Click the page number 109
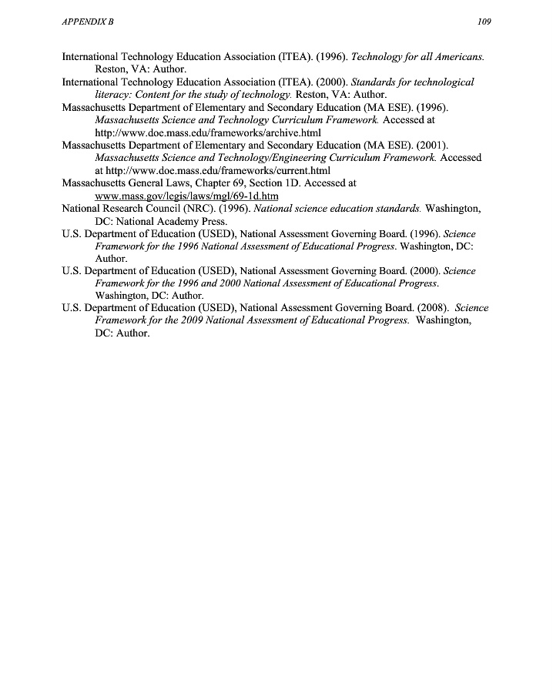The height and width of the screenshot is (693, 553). [484, 22]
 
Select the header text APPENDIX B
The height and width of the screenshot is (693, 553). [87, 22]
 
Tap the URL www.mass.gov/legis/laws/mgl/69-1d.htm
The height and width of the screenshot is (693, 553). [186, 196]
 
